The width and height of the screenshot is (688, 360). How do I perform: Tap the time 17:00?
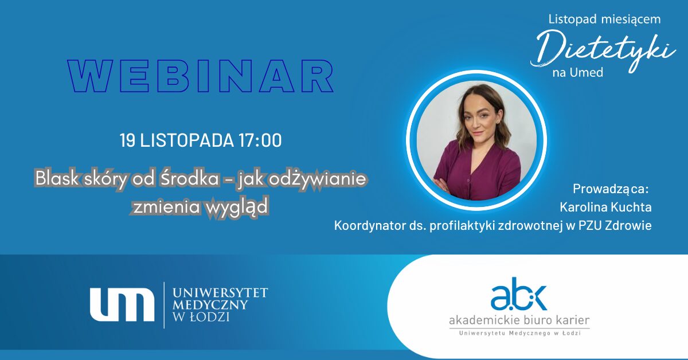(x=260, y=140)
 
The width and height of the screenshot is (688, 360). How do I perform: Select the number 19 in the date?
(x=127, y=140)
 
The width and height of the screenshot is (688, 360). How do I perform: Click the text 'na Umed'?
(x=578, y=72)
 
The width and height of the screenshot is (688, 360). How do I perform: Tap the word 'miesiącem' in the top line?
(x=631, y=19)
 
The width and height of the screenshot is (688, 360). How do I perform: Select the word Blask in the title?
(x=57, y=178)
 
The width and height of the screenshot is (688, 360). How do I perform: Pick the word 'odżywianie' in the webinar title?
(x=317, y=179)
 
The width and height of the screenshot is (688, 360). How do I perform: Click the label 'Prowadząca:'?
(x=611, y=189)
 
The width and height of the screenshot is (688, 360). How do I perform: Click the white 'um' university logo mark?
(x=122, y=305)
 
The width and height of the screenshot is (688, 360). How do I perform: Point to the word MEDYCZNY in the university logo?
(x=210, y=305)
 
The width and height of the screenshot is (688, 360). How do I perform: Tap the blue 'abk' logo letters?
(x=519, y=294)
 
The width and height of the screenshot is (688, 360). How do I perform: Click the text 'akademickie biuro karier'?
(x=519, y=320)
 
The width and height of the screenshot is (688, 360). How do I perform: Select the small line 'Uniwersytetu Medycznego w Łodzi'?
(x=519, y=333)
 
